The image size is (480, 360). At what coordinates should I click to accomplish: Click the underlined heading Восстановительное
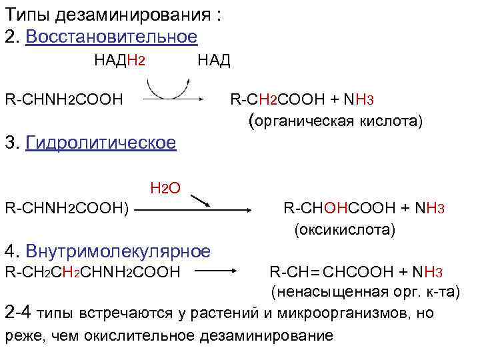tap(111, 37)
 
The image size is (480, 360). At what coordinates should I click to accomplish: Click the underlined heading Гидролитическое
tap(101, 143)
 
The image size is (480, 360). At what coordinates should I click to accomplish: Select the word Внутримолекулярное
tap(118, 251)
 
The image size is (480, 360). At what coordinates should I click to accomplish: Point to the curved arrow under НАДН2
tap(165, 87)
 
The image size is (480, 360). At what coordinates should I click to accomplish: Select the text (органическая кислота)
tap(335, 121)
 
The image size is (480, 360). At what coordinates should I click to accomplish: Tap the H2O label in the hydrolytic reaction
tap(166, 189)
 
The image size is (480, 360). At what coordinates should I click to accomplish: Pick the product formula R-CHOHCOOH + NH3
tap(363, 209)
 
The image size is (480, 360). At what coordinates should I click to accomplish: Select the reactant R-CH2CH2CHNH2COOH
tap(93, 272)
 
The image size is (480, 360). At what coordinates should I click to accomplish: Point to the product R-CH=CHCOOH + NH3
tap(356, 272)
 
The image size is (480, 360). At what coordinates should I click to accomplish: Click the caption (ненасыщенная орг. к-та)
tap(365, 291)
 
